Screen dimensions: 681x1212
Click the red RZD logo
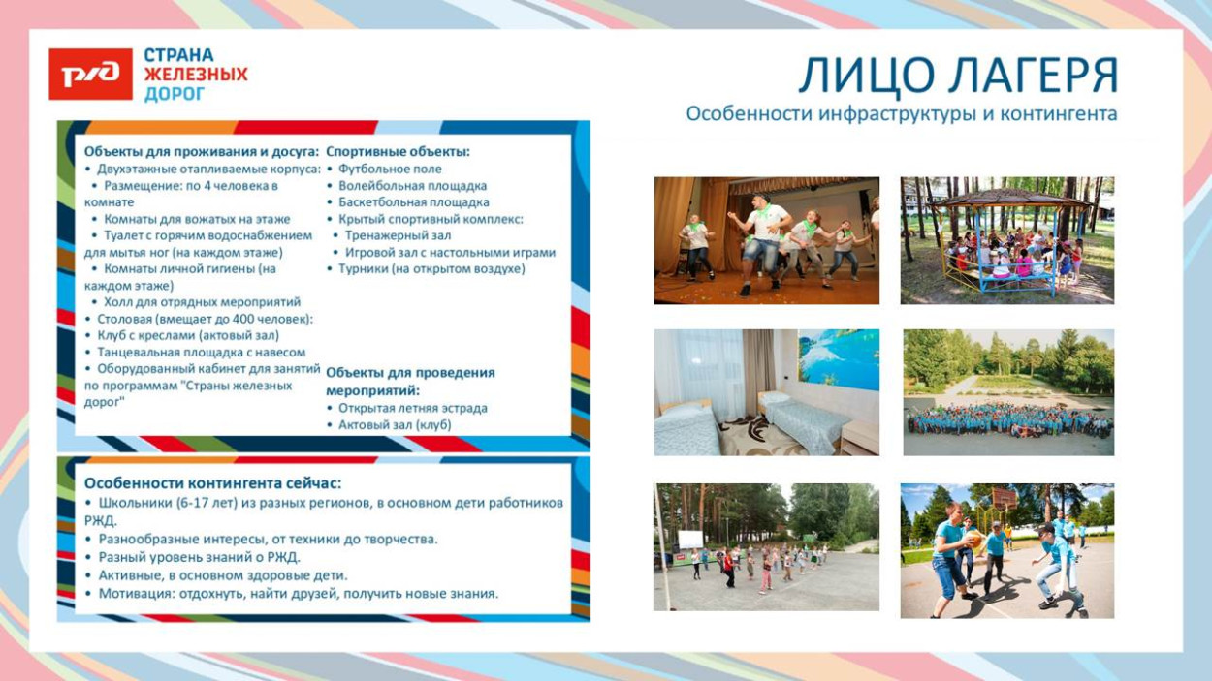90,75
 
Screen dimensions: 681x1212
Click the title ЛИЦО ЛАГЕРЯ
957,77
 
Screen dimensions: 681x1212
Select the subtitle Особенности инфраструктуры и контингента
901,114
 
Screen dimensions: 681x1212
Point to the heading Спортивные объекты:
398,152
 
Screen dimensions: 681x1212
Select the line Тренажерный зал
398,235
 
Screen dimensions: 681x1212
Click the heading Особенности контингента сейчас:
212,482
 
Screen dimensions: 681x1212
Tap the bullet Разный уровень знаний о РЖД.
200,557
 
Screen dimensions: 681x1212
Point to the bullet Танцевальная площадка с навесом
201,353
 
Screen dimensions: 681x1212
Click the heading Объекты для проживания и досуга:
201,152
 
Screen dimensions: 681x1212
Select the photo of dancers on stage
766,240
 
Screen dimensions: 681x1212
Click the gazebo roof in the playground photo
1008,199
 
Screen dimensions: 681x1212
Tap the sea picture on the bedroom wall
838,359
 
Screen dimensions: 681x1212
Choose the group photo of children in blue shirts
1008,392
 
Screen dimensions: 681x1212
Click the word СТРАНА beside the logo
179,56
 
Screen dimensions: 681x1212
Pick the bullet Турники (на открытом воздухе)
431,269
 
